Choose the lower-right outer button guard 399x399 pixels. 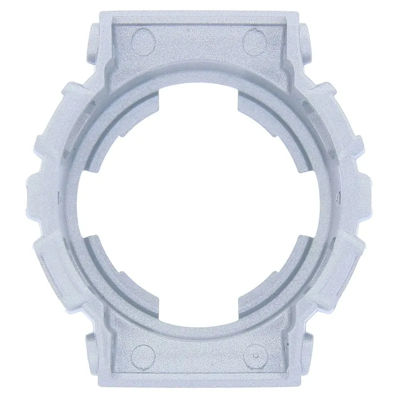pos(344,262)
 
